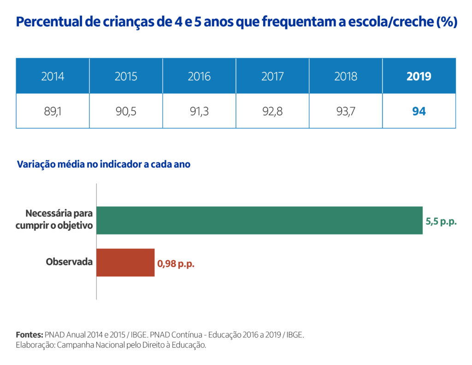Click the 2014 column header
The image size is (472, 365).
(x=53, y=76)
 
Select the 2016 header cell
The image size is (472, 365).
(x=199, y=76)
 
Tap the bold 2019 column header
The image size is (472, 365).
(x=419, y=76)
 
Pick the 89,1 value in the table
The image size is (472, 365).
(x=53, y=111)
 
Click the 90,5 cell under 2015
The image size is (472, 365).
(x=126, y=111)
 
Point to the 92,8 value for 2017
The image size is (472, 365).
(x=272, y=111)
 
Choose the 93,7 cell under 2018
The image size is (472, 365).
(x=346, y=111)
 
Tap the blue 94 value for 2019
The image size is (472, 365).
(x=419, y=111)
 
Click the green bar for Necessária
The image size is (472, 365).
(x=259, y=220)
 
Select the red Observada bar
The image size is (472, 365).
(x=125, y=263)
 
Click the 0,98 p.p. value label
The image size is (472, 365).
(x=176, y=264)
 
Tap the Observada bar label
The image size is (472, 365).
(x=69, y=262)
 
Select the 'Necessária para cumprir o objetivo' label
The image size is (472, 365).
(x=54, y=220)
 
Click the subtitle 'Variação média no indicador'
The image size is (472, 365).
(x=103, y=164)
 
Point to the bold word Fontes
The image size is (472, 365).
(x=29, y=335)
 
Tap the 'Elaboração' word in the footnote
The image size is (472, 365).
(x=35, y=345)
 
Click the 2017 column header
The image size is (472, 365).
(x=272, y=76)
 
